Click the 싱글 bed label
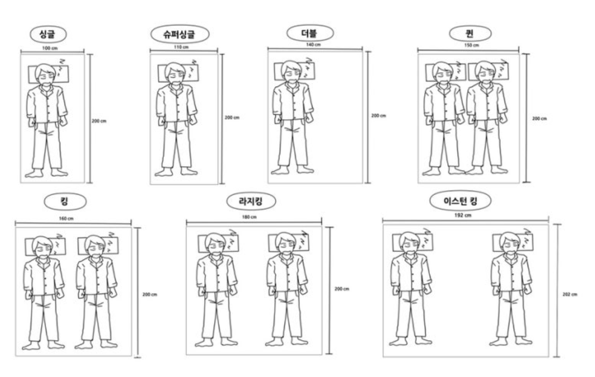tap(48, 34)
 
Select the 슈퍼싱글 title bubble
tap(180, 34)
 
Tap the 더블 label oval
tap(310, 33)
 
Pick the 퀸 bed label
tap(470, 33)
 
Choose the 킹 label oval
tap(65, 201)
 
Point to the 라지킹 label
tap(251, 201)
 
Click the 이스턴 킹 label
tap(460, 201)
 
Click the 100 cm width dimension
tap(50, 48)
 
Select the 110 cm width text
tap(181, 47)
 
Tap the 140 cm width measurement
tap(314, 45)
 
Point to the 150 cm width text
tap(471, 45)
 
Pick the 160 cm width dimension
tap(66, 219)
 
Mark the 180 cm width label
tap(249, 217)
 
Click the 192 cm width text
tap(463, 215)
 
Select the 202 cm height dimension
tap(569, 294)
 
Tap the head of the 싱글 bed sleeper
tap(46, 74)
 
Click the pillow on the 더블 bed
tap(295, 72)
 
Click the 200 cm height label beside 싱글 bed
tap(99, 121)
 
